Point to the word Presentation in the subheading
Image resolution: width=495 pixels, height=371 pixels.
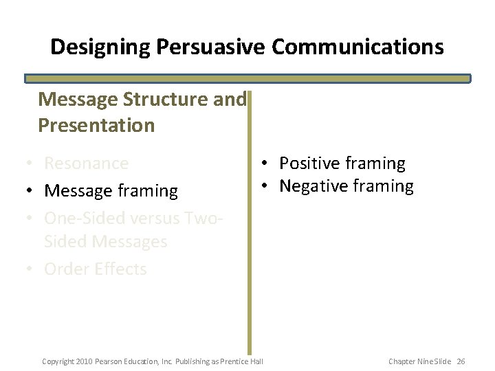point(97,126)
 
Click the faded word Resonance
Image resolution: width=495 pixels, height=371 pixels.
point(86,164)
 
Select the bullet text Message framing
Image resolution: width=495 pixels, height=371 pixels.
point(111,191)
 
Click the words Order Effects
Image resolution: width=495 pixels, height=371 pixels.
point(96,269)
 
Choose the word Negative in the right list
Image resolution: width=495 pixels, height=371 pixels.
point(314,186)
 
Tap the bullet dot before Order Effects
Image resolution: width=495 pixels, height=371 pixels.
point(28,269)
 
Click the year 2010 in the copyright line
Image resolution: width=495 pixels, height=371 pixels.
point(83,361)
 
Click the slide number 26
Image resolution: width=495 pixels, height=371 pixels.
point(461,361)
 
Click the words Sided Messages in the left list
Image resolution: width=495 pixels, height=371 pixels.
point(105,242)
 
